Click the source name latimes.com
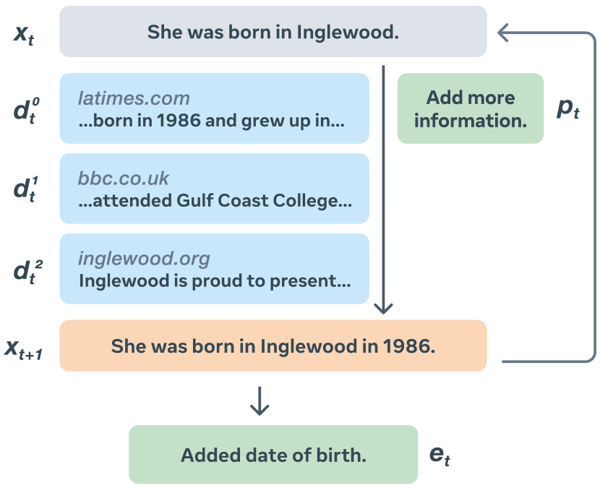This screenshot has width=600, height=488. pyautogui.click(x=134, y=98)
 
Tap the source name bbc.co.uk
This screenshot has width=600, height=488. pyautogui.click(x=124, y=178)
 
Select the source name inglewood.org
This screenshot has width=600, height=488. pyautogui.click(x=144, y=258)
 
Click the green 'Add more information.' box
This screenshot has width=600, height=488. pyautogui.click(x=470, y=108)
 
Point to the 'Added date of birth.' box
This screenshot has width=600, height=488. pyautogui.click(x=273, y=455)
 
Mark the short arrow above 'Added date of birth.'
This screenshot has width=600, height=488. pyautogui.click(x=259, y=402)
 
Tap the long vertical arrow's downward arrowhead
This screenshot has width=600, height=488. pyautogui.click(x=383, y=308)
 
